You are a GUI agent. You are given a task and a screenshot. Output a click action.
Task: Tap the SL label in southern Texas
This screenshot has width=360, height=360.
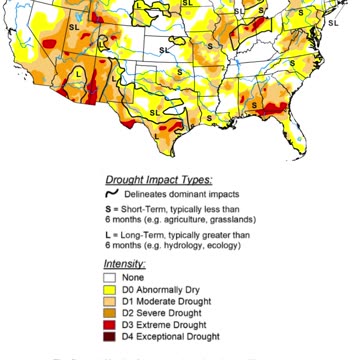point(155,113)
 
